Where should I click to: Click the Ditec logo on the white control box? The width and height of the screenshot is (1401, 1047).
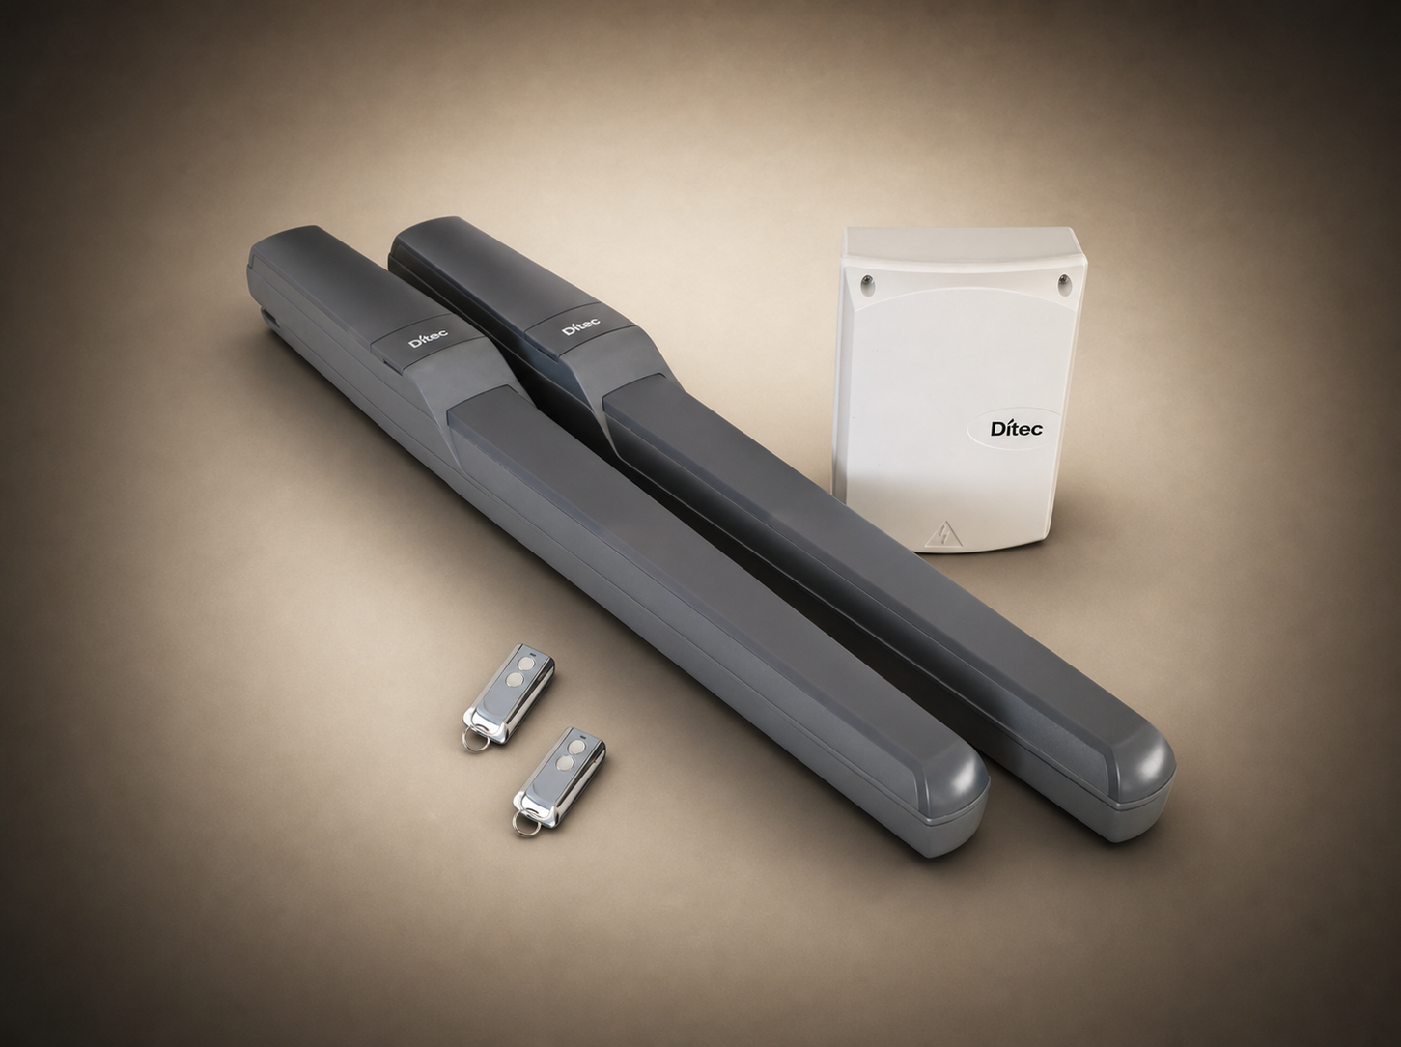coord(1016,429)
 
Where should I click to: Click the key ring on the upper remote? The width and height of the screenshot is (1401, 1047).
coord(473,741)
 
